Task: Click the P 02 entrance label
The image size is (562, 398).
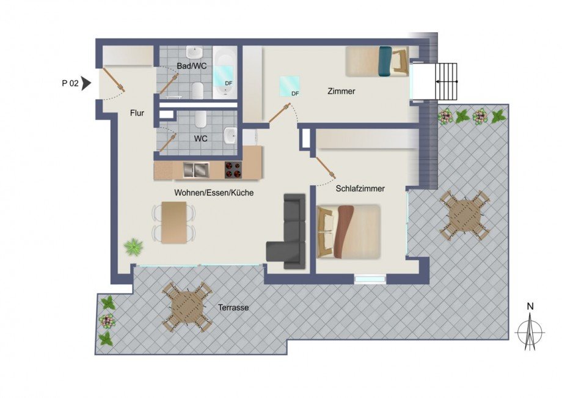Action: pos(70,84)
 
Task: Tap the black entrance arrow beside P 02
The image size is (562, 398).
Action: pos(87,83)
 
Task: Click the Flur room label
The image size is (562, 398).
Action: pos(136,112)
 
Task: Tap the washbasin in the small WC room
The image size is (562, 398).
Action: pos(230,134)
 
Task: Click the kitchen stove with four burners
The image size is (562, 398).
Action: pos(233,169)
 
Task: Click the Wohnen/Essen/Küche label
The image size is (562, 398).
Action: pos(214,193)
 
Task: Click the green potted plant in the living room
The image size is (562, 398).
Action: pos(133,247)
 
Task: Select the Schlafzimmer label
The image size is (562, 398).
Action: pos(360,189)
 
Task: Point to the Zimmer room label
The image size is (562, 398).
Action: pos(341,92)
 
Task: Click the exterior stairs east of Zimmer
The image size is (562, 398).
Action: pos(445,81)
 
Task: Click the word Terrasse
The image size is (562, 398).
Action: pos(233,308)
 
